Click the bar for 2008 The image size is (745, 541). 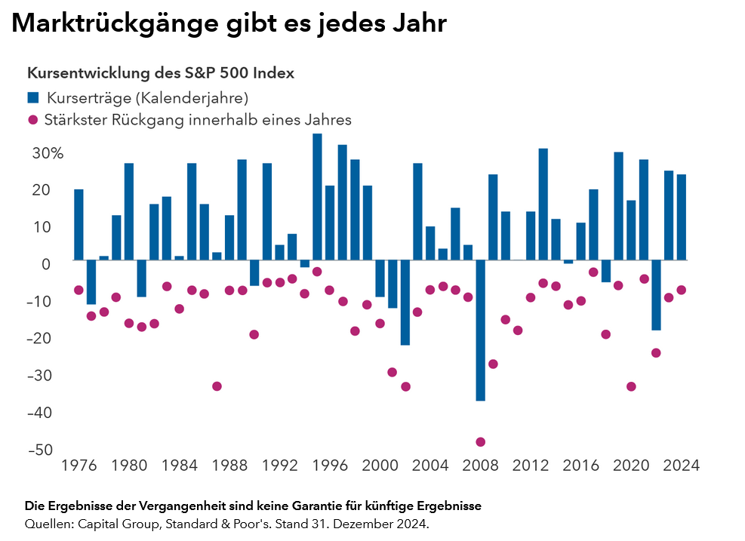[480, 330]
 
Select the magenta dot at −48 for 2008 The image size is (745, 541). [480, 442]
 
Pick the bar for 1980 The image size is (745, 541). [129, 211]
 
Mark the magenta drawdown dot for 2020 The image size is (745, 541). [631, 386]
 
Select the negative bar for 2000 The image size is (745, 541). [380, 278]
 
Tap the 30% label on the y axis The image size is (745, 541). [47, 153]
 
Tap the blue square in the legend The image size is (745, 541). [33, 97]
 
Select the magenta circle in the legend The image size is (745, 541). [33, 119]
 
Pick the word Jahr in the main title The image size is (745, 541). [416, 24]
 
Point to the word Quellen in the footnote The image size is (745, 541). [45, 523]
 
